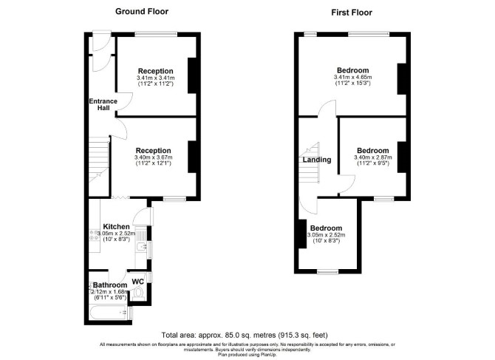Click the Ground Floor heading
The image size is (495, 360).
[x=142, y=11]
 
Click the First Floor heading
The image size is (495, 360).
[x=352, y=13]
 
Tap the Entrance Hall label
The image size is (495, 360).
[x=103, y=104]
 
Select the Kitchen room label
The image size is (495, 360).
[x=117, y=226]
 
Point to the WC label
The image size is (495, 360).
[x=137, y=282]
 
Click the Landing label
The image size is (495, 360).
[x=317, y=160]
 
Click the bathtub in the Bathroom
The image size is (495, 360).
[x=109, y=313]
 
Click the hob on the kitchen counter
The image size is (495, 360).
[x=94, y=235]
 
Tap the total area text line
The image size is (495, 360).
[x=245, y=335]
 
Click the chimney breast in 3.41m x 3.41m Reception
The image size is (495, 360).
[x=192, y=75]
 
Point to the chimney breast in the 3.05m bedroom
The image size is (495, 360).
[x=302, y=234]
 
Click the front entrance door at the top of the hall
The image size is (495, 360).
[x=102, y=41]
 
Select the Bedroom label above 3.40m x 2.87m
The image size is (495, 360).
[x=373, y=151]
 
